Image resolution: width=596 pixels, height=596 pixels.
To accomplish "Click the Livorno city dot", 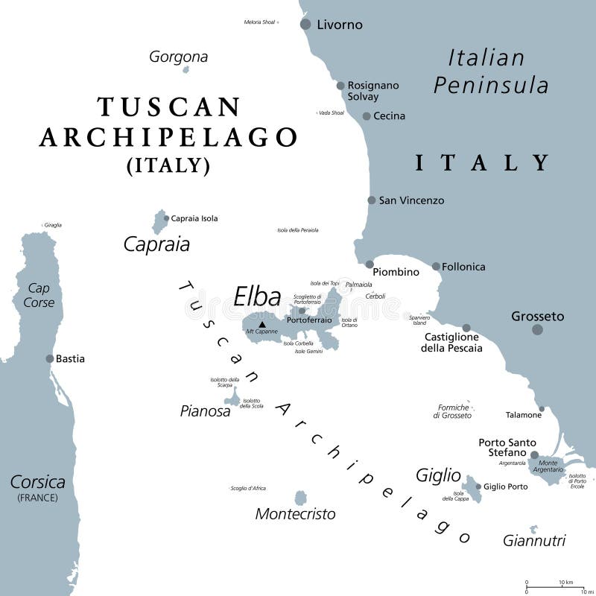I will point(305,25).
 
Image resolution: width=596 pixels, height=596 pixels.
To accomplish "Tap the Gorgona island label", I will point(178,57).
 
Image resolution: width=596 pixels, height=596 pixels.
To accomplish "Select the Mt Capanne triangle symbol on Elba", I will point(261,324).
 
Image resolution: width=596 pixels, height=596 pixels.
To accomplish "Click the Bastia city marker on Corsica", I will point(50,358).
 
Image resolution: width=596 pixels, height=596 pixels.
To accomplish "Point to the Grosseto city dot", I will point(537,329).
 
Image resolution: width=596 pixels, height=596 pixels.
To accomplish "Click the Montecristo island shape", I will point(300,498).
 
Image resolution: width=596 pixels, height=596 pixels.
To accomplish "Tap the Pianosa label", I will point(205,410).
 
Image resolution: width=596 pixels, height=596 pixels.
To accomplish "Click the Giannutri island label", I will point(534,541).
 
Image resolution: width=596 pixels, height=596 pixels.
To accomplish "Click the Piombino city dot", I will point(370,264).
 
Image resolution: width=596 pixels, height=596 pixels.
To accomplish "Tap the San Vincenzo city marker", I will point(372,200).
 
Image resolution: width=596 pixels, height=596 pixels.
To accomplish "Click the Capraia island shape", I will point(159,221).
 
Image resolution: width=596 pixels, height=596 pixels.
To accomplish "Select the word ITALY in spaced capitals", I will point(483,162).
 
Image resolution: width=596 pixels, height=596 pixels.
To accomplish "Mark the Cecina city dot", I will point(367,116).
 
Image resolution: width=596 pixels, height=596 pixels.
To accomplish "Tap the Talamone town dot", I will point(542,408).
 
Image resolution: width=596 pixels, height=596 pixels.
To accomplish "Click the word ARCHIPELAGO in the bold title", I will point(168,137).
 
